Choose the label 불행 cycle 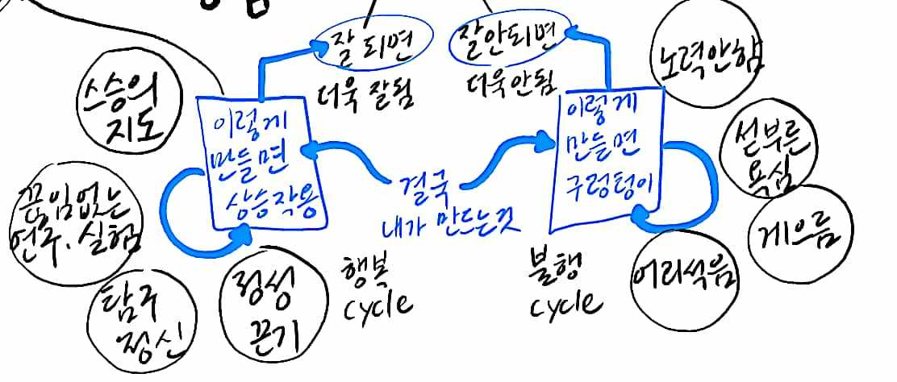[x=565, y=287]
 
